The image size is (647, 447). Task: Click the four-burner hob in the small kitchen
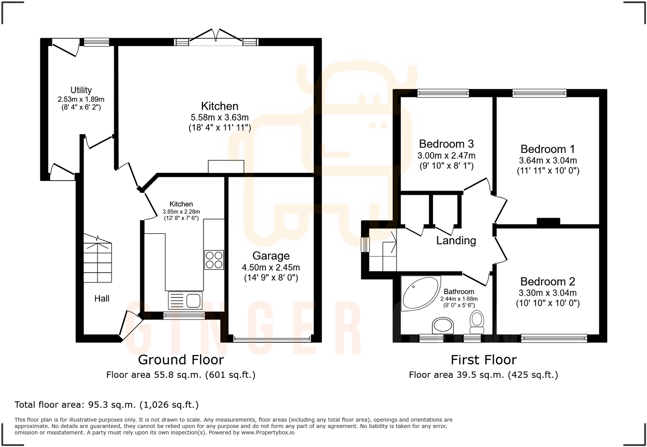[x=214, y=260]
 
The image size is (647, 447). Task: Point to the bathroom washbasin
[x=443, y=326]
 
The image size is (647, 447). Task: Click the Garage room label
[x=271, y=256]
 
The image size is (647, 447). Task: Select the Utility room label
[x=81, y=90]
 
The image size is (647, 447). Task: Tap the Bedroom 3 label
[x=446, y=144]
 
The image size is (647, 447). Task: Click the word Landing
[x=456, y=240]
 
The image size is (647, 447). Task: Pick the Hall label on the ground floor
[x=102, y=298]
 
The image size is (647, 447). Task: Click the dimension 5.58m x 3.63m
[x=219, y=117]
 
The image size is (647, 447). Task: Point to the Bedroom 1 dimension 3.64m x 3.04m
[x=547, y=160]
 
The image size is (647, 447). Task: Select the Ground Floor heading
[x=181, y=360]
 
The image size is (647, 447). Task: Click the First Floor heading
[x=484, y=360]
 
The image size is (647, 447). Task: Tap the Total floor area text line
[x=107, y=404]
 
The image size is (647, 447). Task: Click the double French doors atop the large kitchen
[x=216, y=37]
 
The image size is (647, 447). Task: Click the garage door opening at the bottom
[x=272, y=339]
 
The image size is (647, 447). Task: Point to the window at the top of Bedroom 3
[x=443, y=93]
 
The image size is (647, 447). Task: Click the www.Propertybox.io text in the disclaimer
[x=268, y=433]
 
